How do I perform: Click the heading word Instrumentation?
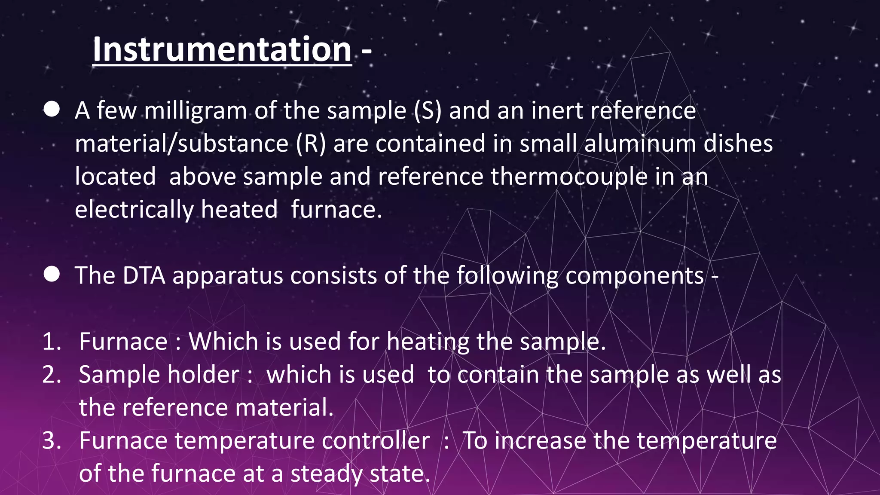click(x=222, y=49)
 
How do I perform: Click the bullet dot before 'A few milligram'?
click(x=52, y=110)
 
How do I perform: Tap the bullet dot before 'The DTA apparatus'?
click(x=52, y=274)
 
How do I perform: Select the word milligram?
click(x=195, y=111)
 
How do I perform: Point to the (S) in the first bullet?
click(x=428, y=111)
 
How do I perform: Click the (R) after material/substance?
click(x=311, y=144)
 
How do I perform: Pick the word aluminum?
click(x=640, y=144)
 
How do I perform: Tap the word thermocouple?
click(x=569, y=177)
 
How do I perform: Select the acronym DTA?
click(x=144, y=275)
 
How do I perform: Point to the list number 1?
click(x=52, y=342)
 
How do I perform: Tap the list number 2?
click(x=52, y=375)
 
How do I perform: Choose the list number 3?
click(x=52, y=441)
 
